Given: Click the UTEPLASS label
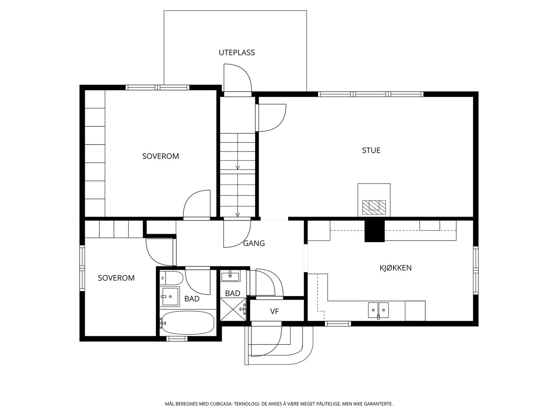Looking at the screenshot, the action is point(237,53).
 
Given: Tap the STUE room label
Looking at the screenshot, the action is point(371,150).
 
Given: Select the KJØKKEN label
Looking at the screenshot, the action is point(395,268).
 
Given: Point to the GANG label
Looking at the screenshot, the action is point(254,243).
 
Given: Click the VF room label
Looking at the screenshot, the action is point(274,311).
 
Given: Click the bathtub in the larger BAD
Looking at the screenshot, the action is point(188,323).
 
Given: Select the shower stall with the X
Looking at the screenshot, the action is point(233,310).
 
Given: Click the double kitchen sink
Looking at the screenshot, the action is point(378,310).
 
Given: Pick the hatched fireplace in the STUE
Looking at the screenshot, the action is point(374,207).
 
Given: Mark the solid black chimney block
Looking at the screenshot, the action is point(375,231).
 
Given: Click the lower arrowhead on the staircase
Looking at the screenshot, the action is point(237,215).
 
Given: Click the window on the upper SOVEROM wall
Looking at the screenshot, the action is point(157,87).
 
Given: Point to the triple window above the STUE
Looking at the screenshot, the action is point(371,94).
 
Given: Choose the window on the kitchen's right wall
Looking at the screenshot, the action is point(476,270).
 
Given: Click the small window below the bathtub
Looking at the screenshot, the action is point(177,339).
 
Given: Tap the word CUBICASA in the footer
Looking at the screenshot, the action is point(221,403).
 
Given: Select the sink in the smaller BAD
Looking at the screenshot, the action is point(230,276).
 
